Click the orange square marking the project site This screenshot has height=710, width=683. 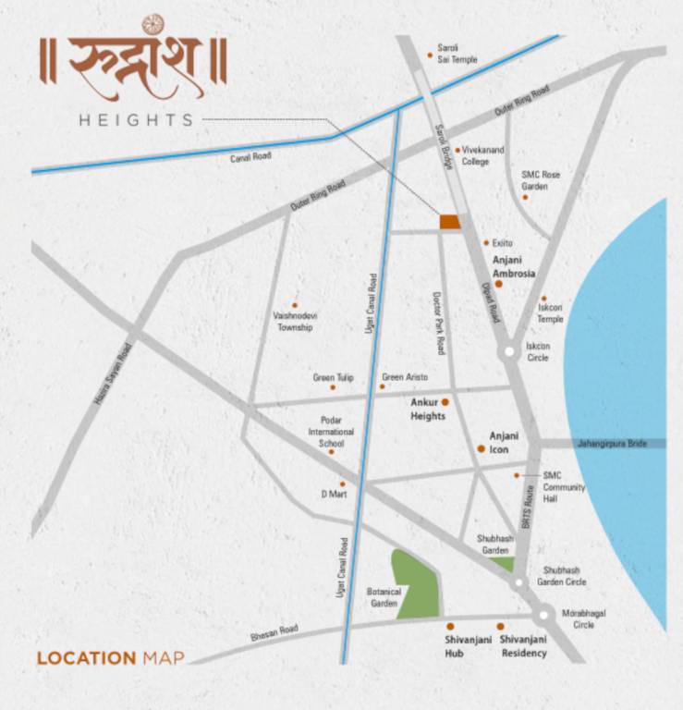click(449, 221)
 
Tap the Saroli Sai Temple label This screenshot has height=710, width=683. click(458, 54)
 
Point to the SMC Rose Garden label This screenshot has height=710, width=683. click(541, 180)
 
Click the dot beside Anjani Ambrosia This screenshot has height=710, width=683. click(498, 285)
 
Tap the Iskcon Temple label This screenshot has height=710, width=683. click(550, 313)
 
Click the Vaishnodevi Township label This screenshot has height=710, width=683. click(293, 321)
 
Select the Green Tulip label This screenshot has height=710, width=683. click(333, 377)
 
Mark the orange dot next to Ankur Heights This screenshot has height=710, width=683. click(445, 402)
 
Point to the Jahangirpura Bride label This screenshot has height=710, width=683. click(620, 444)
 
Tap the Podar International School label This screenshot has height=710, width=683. click(331, 431)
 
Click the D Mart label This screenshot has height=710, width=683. click(333, 494)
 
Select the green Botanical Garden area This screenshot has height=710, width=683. click(412, 582)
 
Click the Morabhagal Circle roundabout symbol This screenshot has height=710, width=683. click(543, 614)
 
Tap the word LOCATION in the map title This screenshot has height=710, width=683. click(86, 658)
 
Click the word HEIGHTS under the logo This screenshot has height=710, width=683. click(136, 119)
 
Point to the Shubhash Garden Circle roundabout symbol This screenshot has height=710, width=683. click(518, 582)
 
